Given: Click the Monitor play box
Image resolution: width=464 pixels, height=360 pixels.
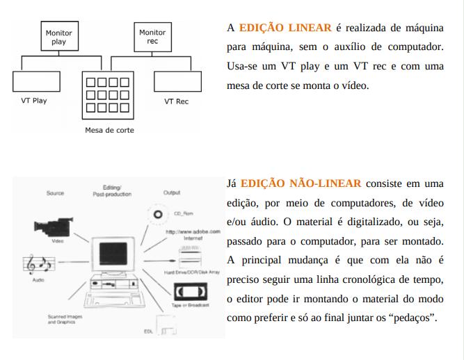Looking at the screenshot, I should coord(58,38).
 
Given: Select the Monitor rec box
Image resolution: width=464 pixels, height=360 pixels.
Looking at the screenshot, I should coord(152,37).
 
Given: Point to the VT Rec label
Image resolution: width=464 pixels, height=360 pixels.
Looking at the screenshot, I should coord(176,101).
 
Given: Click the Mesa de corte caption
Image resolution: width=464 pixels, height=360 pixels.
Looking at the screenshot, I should coord(109,130).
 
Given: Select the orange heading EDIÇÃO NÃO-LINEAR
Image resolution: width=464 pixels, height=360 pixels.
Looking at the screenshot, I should coord(301,183).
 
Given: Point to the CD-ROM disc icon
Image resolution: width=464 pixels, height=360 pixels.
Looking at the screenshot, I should coord(159,214).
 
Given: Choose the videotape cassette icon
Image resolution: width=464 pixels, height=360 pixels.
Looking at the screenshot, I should coord(184,291).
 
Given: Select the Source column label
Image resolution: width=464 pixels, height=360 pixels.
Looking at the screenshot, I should coord(55,193).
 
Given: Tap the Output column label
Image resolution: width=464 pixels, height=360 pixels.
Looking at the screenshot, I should coord(171,193).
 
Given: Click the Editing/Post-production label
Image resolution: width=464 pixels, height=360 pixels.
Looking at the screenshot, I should coord(111,191).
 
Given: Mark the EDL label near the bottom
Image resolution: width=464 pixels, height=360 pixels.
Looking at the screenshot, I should coord(148,332).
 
